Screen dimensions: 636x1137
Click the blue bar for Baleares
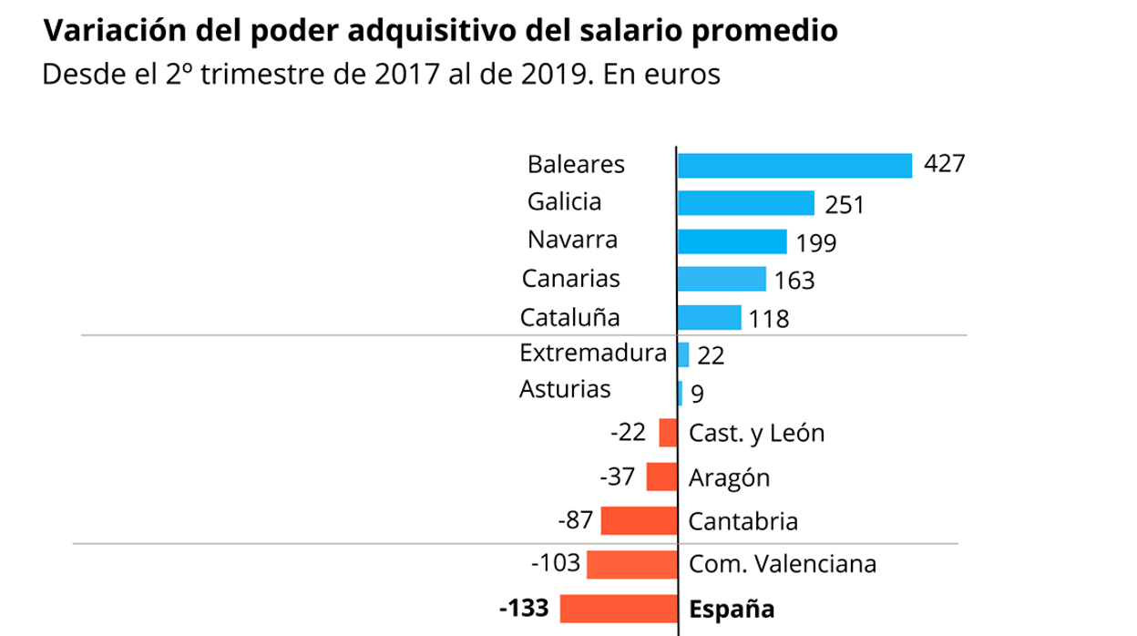(x=794, y=165)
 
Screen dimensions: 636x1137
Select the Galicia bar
(x=745, y=202)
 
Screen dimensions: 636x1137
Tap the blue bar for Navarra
(x=732, y=241)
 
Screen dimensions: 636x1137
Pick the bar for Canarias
(x=722, y=279)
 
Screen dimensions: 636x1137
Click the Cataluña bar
(x=709, y=317)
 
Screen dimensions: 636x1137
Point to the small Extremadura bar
(x=683, y=354)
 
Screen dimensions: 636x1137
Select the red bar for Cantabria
(x=639, y=521)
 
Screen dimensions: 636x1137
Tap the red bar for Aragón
(x=661, y=477)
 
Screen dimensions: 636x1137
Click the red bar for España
(x=619, y=608)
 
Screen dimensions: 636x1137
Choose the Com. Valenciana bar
(x=631, y=564)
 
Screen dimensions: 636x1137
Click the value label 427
(x=943, y=164)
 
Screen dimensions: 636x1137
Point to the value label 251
(x=845, y=204)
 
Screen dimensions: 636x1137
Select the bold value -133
(x=525, y=607)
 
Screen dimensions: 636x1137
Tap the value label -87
(x=576, y=520)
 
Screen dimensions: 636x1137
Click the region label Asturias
(x=565, y=389)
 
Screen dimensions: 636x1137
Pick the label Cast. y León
(x=756, y=433)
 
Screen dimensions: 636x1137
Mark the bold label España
(x=732, y=608)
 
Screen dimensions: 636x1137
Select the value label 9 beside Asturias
(x=697, y=394)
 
